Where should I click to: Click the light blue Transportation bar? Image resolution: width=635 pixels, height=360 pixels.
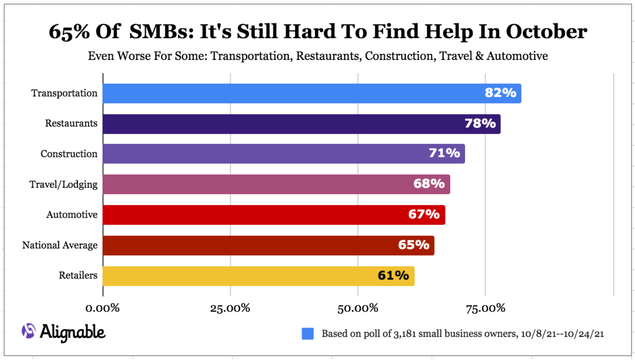pos(312,93)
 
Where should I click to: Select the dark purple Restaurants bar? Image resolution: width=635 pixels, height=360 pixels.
pos(301,124)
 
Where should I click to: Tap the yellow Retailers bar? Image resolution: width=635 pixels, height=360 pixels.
pos(259,276)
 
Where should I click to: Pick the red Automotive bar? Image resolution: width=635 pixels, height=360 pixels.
pos(274,215)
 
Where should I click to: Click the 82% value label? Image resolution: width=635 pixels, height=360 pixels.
pos(500,93)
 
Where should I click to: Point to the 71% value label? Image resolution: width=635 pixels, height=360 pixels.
pos(444,154)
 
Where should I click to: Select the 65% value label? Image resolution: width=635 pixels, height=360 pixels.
pos(414,245)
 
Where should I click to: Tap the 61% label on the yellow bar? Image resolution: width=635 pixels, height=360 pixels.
pos(393,276)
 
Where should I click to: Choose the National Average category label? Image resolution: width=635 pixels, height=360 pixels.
pos(60,245)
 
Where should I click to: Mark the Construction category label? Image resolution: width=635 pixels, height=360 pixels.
pos(69,154)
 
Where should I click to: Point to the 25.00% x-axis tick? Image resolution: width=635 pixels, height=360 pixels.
pos(230,308)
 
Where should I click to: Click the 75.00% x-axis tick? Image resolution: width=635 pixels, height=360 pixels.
pos(485,308)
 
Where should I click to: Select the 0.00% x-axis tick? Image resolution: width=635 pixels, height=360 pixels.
pos(103,308)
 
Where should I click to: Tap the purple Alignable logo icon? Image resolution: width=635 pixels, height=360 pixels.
pos(28,331)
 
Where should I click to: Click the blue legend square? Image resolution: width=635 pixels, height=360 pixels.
pos(307,334)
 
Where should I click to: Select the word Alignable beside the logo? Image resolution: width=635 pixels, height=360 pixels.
pos(73,332)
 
